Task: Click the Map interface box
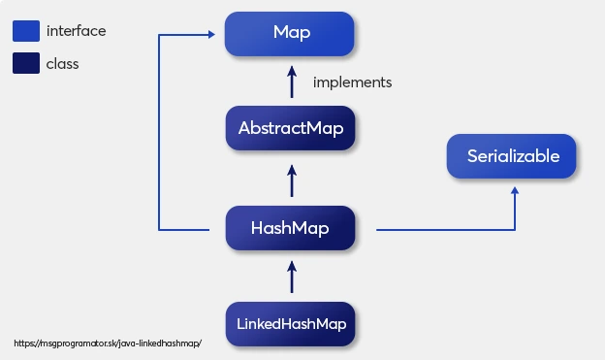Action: (x=290, y=33)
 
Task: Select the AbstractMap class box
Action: (x=290, y=128)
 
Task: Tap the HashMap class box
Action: (x=290, y=229)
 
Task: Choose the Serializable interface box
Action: (x=513, y=156)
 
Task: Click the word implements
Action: (x=352, y=82)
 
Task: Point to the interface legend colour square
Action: (x=25, y=31)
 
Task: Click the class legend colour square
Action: (x=25, y=64)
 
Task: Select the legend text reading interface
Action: (x=76, y=31)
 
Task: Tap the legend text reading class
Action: (x=63, y=64)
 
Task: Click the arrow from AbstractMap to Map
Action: (x=291, y=82)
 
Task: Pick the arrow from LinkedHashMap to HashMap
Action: (x=291, y=276)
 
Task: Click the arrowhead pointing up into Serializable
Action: (x=514, y=191)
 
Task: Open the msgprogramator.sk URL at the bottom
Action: (x=108, y=344)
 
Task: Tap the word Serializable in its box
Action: (x=513, y=156)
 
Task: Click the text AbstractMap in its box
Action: (x=291, y=128)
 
